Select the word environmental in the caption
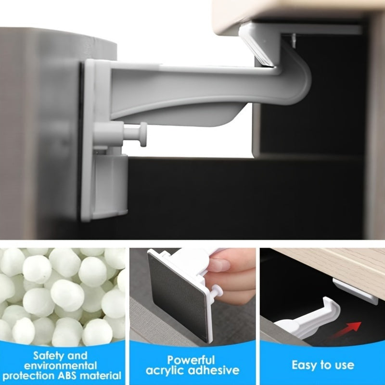coord(64,365)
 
